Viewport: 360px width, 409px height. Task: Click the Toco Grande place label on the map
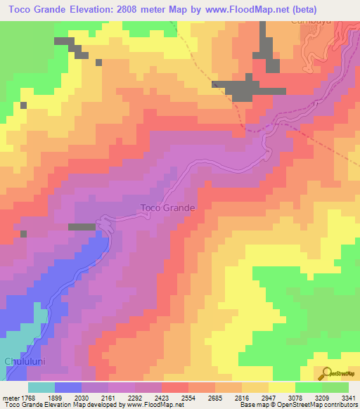(x=167, y=208)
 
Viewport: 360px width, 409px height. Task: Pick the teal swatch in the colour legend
(x=41, y=387)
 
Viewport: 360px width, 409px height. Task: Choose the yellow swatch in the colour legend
(x=282, y=387)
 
